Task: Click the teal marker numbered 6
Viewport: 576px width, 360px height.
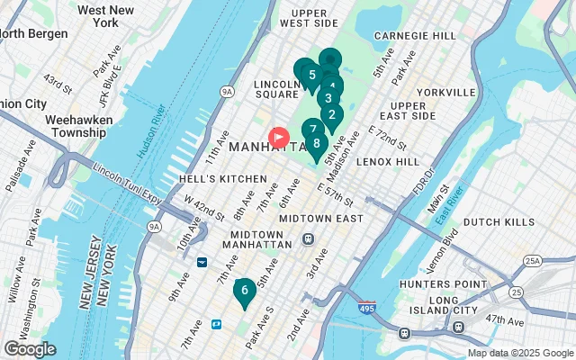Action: tap(243, 291)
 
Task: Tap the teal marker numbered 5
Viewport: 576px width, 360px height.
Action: tap(311, 75)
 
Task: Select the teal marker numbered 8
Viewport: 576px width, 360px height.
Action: tap(316, 142)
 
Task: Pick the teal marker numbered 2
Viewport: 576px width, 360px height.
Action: tap(331, 114)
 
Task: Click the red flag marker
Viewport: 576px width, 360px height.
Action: tap(279, 138)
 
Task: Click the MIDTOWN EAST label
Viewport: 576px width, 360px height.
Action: tap(320, 219)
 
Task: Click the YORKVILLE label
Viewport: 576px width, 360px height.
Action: tap(445, 92)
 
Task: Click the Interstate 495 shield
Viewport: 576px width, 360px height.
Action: tap(365, 308)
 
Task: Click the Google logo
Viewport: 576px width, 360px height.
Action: tap(30, 349)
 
